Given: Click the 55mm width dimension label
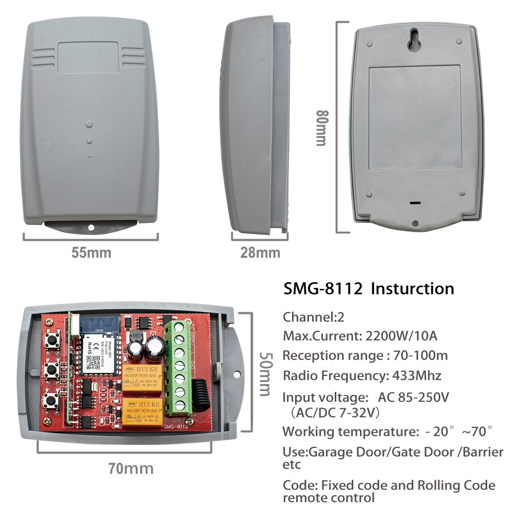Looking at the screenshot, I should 91,253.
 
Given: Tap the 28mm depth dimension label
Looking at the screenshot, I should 260,253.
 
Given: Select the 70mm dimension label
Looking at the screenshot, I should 130,468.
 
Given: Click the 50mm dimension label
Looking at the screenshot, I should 265,374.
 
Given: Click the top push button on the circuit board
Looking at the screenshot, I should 51,340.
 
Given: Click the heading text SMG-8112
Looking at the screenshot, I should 324,288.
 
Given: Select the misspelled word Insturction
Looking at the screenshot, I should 413,288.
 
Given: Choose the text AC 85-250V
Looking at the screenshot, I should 414,397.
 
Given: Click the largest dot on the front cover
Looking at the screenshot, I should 89,124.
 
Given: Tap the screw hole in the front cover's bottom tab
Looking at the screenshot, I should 91,227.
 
